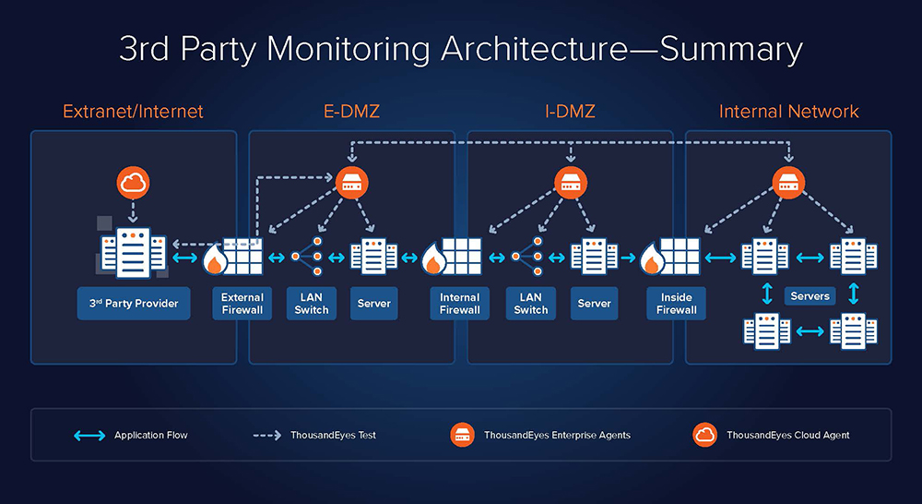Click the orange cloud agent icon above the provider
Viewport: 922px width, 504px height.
(134, 183)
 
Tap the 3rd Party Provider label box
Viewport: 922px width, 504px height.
(134, 304)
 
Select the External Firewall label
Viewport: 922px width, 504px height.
(242, 304)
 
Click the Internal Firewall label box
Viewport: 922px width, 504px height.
(459, 304)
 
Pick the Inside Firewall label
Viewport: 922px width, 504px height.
(677, 304)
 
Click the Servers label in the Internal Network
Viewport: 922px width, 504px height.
(810, 296)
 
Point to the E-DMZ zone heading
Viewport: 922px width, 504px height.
(351, 112)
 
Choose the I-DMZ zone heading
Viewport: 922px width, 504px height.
(569, 112)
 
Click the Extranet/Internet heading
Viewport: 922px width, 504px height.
(133, 112)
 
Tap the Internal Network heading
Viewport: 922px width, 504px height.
(788, 112)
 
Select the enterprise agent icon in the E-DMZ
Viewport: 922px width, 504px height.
(351, 183)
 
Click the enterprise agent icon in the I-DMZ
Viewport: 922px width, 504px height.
(569, 183)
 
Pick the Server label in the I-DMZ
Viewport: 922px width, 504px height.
(594, 304)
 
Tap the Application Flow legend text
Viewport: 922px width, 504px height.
(151, 435)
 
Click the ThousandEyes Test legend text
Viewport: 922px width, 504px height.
(333, 435)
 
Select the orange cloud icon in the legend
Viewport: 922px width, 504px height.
(705, 435)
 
